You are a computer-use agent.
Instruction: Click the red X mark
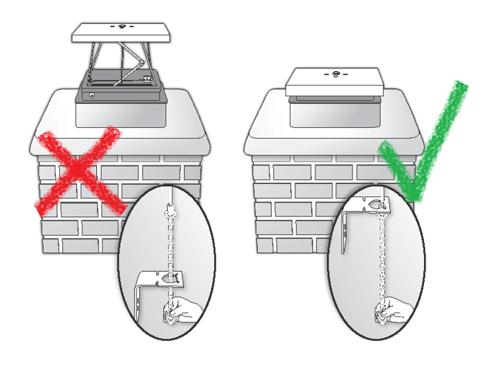click(x=77, y=171)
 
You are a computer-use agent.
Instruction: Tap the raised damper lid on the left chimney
click(x=123, y=32)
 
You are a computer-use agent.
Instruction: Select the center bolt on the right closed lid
click(x=335, y=75)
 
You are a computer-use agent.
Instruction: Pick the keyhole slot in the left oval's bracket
click(x=170, y=276)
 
